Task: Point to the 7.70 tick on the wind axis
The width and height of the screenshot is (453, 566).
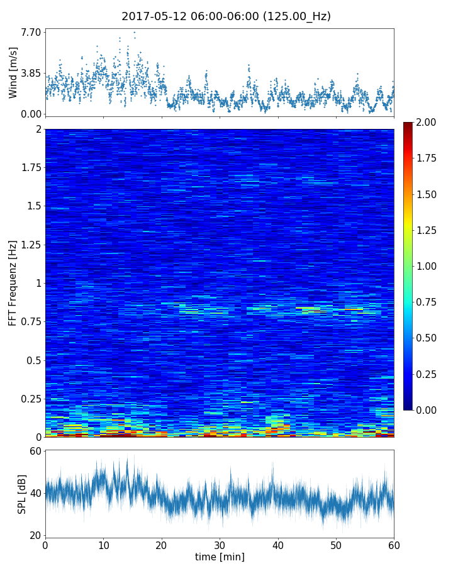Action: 31,32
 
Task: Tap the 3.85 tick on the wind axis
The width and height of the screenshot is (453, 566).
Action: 31,73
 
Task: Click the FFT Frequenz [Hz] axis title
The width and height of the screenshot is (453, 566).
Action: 13,282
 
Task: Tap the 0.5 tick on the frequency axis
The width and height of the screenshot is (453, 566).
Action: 33,360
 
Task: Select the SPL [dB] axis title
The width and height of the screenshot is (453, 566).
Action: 22,493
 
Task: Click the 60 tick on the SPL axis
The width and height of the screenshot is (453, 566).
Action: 35,451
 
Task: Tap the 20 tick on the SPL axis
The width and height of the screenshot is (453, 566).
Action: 35,535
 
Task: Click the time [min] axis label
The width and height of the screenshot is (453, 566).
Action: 220,557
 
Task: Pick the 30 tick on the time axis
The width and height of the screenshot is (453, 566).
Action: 220,545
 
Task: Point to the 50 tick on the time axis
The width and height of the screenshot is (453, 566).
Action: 336,545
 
